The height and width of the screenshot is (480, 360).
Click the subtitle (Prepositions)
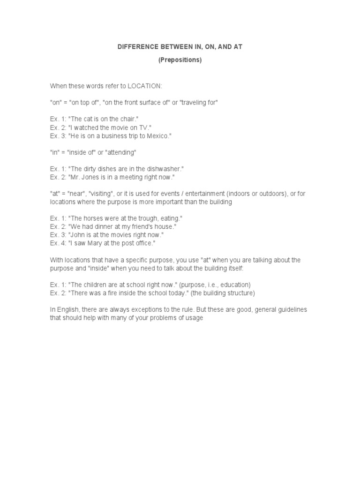coord(180,60)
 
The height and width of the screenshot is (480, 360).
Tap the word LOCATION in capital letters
coord(144,86)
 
